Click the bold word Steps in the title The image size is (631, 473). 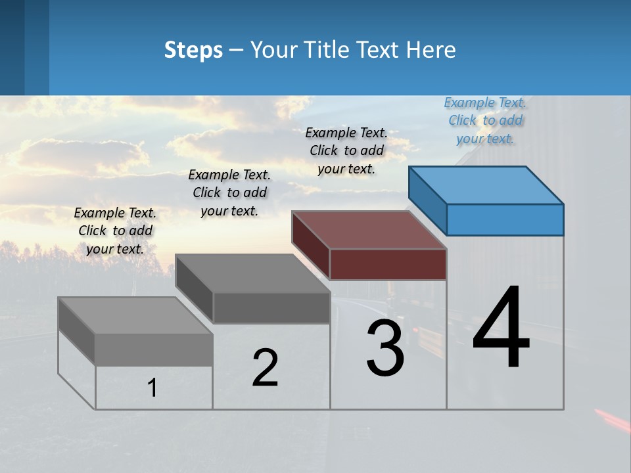193,50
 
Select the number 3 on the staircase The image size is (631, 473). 385,348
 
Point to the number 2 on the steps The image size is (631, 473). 265,368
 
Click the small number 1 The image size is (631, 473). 152,388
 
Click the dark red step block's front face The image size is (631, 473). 388,264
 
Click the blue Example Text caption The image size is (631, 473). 485,121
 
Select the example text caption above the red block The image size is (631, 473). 346,150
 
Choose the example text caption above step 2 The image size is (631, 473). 229,192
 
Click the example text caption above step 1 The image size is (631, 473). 115,231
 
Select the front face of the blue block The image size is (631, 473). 505,219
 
